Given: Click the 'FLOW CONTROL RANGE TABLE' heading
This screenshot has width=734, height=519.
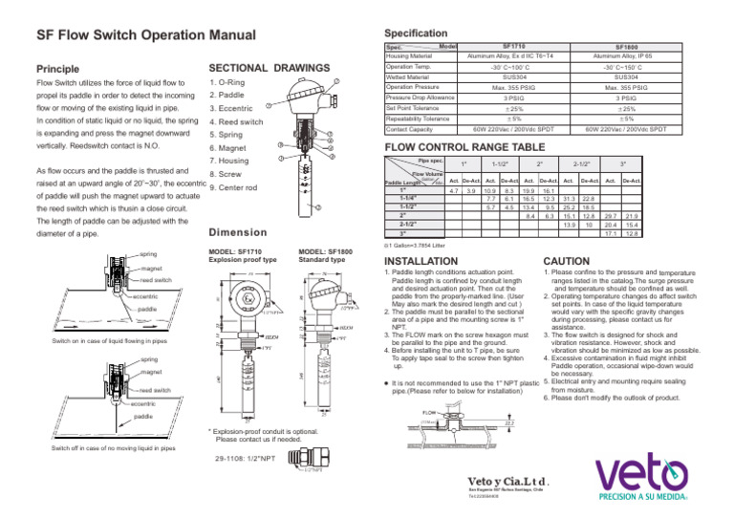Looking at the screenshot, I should (468, 148).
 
